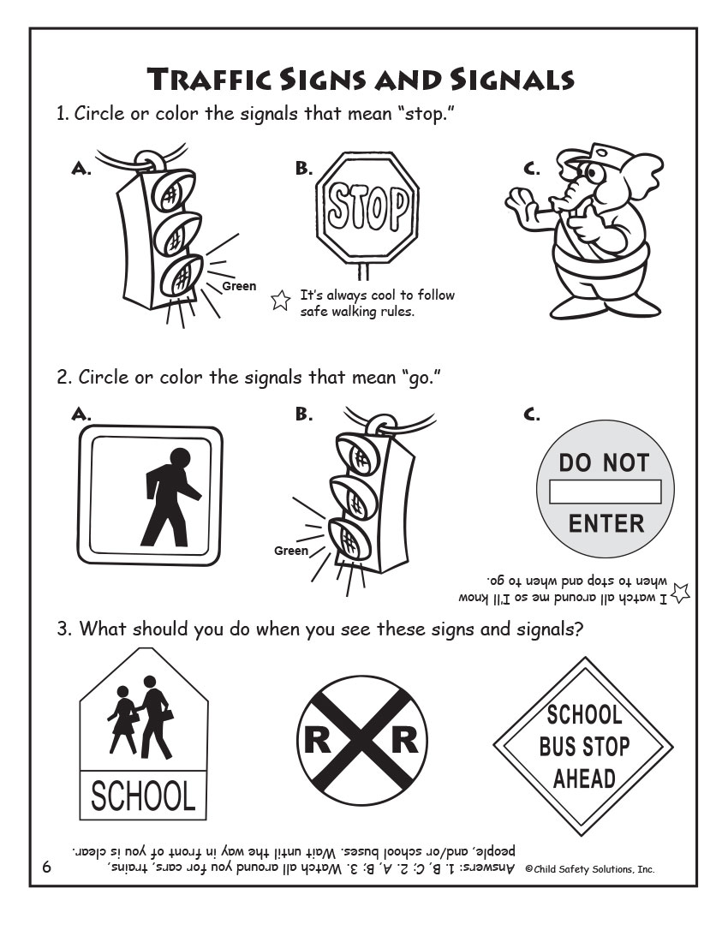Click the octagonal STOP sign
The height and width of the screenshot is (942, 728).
[367, 209]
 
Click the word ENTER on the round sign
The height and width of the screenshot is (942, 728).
[606, 523]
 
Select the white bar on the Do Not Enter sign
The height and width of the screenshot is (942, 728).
[606, 492]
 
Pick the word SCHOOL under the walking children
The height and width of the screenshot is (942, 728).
[143, 796]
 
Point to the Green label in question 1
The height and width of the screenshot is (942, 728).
[239, 286]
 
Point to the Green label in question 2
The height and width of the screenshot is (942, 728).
[290, 551]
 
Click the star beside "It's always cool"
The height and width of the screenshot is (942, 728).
[279, 301]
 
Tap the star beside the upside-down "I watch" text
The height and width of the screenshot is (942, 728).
[682, 592]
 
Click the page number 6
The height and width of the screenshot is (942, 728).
[47, 867]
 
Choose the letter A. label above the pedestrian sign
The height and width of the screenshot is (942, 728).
[81, 414]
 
